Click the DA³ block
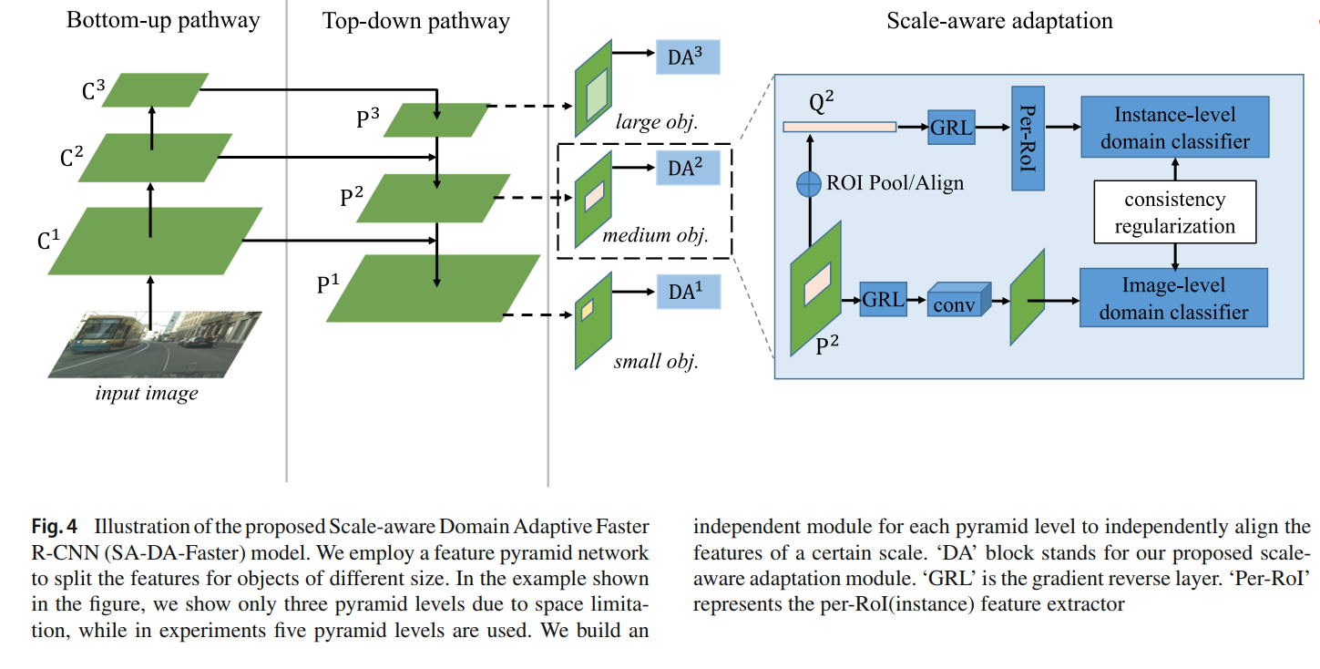pyautogui.click(x=688, y=57)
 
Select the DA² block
pyautogui.click(x=688, y=168)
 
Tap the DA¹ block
pyautogui.click(x=688, y=292)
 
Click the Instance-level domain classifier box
pyautogui.click(x=1173, y=128)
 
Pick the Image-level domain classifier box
pyautogui.click(x=1173, y=298)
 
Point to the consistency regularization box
pyautogui.click(x=1173, y=212)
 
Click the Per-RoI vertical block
pyautogui.click(x=1027, y=139)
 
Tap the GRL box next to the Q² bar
pyautogui.click(x=951, y=128)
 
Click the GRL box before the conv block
pyautogui.click(x=884, y=299)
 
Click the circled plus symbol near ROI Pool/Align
pyautogui.click(x=809, y=184)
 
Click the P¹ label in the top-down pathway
pyautogui.click(x=329, y=284)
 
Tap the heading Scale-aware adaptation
pyautogui.click(x=999, y=20)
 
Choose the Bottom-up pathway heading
pyautogui.click(x=163, y=20)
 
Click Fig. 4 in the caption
pyautogui.click(x=56, y=527)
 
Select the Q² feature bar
pyautogui.click(x=839, y=128)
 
